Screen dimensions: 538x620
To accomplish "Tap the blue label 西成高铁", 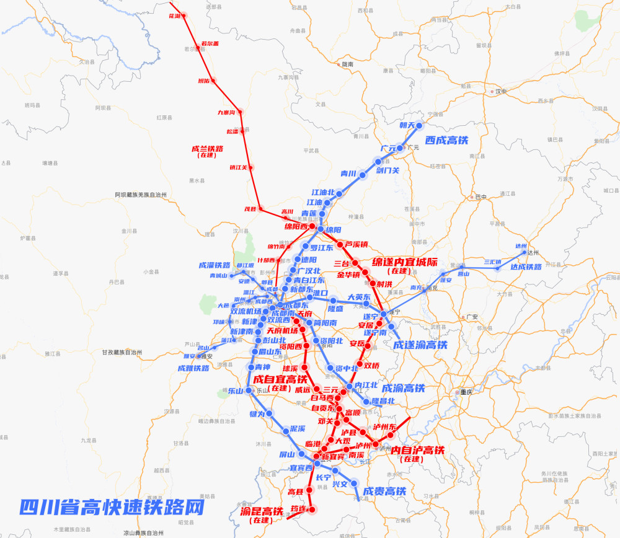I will (x=448, y=140).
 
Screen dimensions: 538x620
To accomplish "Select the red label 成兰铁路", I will (x=208, y=149).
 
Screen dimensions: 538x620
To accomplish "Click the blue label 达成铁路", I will (x=526, y=267).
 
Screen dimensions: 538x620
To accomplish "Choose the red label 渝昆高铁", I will (x=261, y=511).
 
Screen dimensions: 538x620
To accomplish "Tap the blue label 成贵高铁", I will (x=384, y=492).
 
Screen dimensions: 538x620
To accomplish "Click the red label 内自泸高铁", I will (x=418, y=450).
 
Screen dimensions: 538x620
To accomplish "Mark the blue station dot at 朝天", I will (x=418, y=126).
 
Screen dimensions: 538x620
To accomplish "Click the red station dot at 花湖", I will (x=184, y=15).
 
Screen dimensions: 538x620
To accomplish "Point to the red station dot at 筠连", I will (x=312, y=509).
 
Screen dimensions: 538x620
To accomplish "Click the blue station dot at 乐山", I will (x=249, y=390).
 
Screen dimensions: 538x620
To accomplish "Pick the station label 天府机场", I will (x=282, y=330).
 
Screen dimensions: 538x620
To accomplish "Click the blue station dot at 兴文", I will (x=355, y=483).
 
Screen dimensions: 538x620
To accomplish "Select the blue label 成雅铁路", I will (x=193, y=368).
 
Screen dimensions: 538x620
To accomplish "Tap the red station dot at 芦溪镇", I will (x=340, y=244).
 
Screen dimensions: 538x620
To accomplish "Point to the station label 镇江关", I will (x=238, y=167).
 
